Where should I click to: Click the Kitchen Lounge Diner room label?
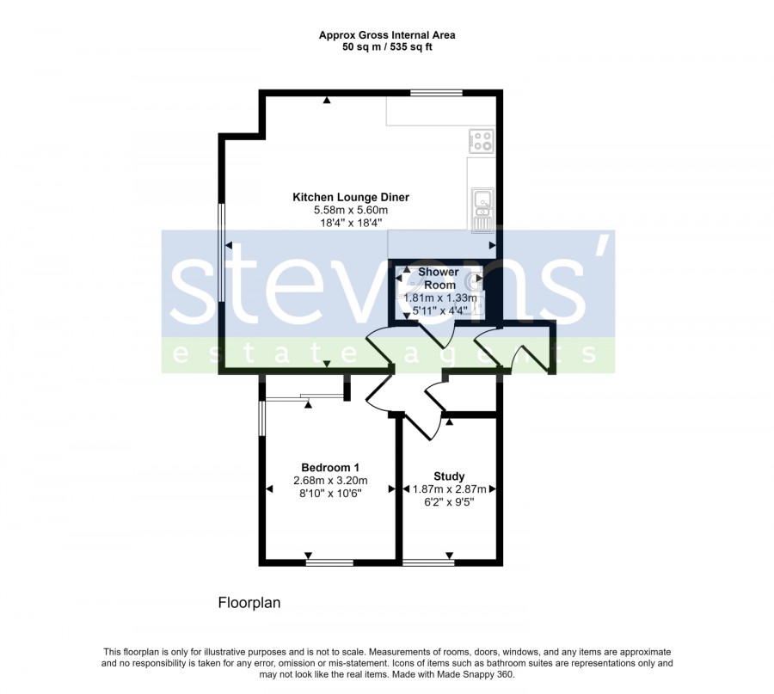coord(351,198)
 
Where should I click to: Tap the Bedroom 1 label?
coord(330,468)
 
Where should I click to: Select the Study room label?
coord(449,476)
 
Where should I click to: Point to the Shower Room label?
coord(439,279)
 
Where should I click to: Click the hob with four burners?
coord(482,139)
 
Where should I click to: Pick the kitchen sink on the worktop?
coord(482,211)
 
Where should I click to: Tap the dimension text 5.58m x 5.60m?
coord(351,211)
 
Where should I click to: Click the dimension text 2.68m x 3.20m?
coord(330,480)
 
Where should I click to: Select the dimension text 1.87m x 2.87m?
coord(449,489)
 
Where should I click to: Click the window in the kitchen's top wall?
coord(436,92)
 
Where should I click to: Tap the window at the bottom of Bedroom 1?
coord(329,562)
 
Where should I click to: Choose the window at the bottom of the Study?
coord(428,562)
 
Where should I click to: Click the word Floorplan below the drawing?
coord(249,603)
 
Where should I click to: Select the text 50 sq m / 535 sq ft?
coord(387,47)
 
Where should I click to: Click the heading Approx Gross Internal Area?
coord(387,35)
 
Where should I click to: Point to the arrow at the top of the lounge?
coord(326,101)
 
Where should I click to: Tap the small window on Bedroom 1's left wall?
coord(262,418)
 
